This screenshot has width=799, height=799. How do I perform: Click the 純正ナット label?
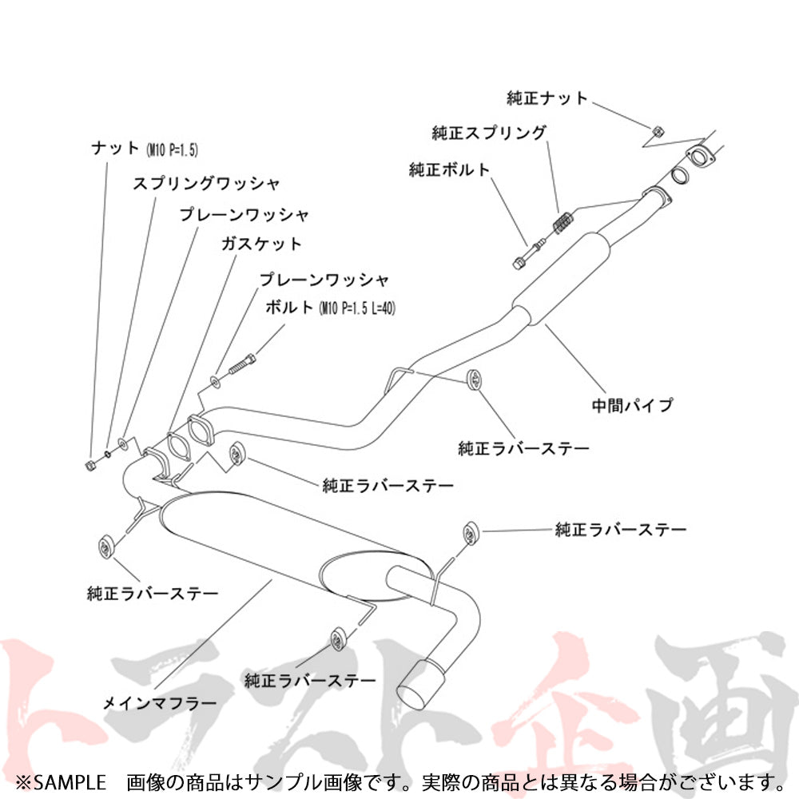click(x=547, y=98)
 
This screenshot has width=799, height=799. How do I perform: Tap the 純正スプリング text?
click(x=489, y=133)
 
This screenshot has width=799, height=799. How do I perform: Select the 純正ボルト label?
click(x=448, y=169)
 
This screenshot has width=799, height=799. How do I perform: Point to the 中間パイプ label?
click(x=632, y=405)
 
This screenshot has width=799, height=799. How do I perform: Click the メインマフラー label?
click(x=160, y=704)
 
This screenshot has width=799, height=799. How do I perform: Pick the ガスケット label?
click(x=262, y=244)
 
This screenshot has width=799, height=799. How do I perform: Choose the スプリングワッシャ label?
click(x=206, y=184)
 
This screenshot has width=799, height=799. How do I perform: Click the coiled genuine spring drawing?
click(x=562, y=221)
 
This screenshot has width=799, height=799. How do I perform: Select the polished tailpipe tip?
click(x=419, y=682)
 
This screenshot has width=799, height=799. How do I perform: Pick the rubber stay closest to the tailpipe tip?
click(x=338, y=639)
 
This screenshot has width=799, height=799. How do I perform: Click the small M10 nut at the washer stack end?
click(x=89, y=463)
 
